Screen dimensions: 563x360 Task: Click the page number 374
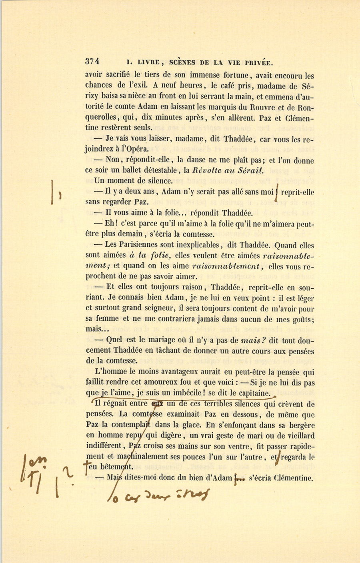click(92, 62)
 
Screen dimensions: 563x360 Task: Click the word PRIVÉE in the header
click(257, 62)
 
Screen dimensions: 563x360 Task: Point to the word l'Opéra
click(133, 149)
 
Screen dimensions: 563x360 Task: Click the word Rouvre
click(264, 107)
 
